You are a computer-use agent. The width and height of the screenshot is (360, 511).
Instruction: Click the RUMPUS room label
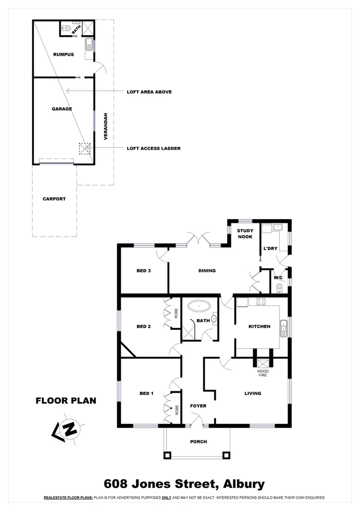point(63,54)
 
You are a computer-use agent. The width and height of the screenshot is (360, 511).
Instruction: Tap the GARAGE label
point(62,109)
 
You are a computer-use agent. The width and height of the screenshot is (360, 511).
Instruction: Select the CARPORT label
point(54,199)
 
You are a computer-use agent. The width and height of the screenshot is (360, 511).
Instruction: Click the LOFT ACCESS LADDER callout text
point(153,148)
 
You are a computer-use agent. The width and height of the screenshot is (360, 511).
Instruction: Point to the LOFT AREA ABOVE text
point(149,92)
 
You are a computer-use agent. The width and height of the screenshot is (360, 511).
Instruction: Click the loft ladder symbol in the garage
point(85,149)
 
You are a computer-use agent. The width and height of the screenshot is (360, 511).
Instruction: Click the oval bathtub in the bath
point(199,306)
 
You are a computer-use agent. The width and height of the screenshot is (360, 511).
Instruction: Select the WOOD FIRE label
point(263,373)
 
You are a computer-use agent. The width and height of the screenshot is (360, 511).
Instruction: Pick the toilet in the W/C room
point(279,288)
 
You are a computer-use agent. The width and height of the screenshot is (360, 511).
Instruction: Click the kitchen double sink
point(283,327)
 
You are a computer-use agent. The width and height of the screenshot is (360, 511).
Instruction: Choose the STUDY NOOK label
point(245,234)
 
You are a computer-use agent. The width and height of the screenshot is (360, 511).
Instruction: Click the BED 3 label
point(143,271)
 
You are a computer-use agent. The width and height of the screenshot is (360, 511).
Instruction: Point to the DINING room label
point(207,271)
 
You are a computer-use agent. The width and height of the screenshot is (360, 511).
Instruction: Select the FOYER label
point(198,406)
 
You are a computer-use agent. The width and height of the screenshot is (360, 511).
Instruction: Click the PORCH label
point(198,441)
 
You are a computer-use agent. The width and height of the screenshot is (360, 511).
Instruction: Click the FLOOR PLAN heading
point(66,401)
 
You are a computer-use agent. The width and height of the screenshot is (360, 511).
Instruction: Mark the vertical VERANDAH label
point(106,126)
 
